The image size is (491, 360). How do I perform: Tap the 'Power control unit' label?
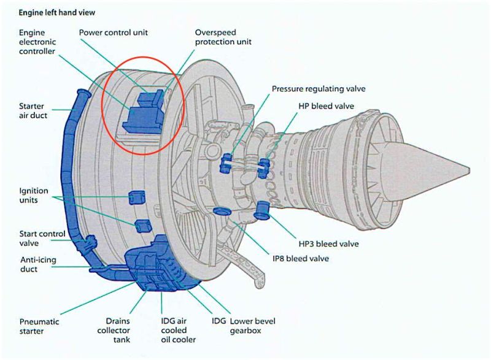click(x=115, y=32)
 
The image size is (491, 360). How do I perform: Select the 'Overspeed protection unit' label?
click(x=223, y=37)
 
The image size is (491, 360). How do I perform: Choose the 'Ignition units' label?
click(x=33, y=195)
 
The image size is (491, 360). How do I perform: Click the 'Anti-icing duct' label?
click(x=37, y=264)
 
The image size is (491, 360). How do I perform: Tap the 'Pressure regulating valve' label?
click(x=319, y=89)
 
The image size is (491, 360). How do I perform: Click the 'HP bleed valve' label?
click(x=326, y=106)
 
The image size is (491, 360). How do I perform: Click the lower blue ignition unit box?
click(x=142, y=226)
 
